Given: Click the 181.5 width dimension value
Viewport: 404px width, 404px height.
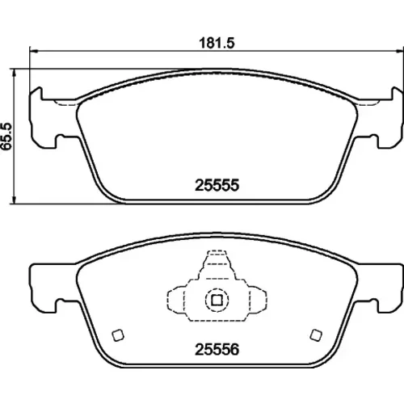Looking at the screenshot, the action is [217, 43].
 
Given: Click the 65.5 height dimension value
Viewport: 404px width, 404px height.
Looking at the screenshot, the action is [6, 137].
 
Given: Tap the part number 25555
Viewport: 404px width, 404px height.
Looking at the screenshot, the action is [217, 185].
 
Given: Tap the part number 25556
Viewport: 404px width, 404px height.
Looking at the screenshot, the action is [217, 350].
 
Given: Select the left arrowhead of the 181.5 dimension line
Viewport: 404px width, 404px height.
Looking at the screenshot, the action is [33, 50].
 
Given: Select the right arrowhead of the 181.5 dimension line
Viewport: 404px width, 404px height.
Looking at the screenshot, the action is [400, 50].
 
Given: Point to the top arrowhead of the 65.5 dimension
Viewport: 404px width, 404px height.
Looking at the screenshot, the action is [14, 73].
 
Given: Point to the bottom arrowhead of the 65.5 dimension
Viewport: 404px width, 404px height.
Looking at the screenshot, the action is [14, 200].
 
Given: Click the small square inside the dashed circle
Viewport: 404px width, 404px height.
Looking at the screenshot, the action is [217, 300].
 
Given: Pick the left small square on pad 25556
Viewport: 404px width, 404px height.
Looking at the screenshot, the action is [118, 335].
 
